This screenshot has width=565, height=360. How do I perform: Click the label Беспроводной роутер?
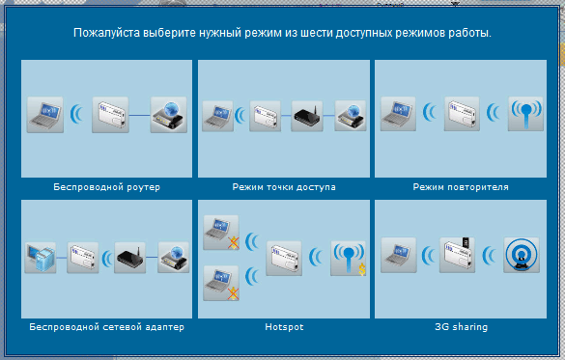106,187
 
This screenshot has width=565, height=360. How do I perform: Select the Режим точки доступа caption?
284,187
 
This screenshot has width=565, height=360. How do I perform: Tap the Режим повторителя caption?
461,187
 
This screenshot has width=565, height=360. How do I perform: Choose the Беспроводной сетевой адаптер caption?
106,327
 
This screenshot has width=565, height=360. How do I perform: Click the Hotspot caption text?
284,327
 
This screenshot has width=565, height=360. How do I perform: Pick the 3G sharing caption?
462,327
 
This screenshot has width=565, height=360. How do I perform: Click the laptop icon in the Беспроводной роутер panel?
45,115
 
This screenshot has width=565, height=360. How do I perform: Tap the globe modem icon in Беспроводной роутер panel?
169,115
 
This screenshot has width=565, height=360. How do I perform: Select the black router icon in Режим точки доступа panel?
307,116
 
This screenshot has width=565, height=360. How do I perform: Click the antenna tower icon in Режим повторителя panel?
525,114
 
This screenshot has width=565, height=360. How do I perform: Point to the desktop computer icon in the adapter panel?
41,258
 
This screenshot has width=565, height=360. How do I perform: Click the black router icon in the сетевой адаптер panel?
130,258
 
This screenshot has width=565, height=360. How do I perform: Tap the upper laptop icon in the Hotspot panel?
221,233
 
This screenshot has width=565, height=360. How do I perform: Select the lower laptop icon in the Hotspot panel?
221,283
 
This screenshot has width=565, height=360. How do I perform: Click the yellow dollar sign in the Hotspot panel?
362,269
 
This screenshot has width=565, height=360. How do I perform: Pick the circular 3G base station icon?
522,255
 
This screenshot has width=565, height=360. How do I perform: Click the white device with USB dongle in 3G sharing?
457,255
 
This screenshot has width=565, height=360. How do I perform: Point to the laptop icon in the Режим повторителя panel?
398,114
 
